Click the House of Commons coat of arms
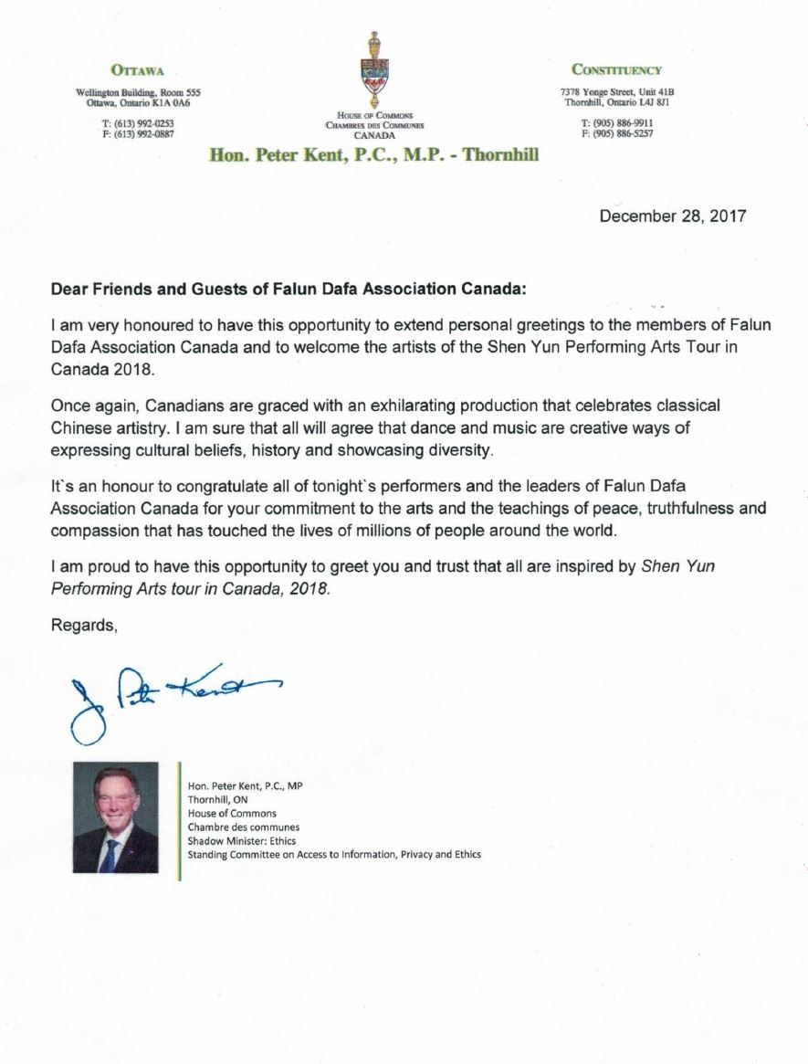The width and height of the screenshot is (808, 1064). tap(373, 70)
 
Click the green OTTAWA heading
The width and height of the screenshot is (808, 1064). tap(137, 69)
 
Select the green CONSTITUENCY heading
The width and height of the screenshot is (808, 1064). tap(616, 69)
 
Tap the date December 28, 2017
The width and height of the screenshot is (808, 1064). tap(672, 216)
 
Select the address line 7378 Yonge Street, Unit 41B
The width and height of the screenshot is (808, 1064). tap(616, 92)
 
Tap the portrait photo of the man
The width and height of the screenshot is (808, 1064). tap(115, 817)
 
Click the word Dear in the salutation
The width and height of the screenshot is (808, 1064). tap(68, 289)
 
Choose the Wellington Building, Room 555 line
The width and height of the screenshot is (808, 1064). tap(137, 92)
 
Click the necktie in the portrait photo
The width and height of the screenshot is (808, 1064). tap(110, 853)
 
